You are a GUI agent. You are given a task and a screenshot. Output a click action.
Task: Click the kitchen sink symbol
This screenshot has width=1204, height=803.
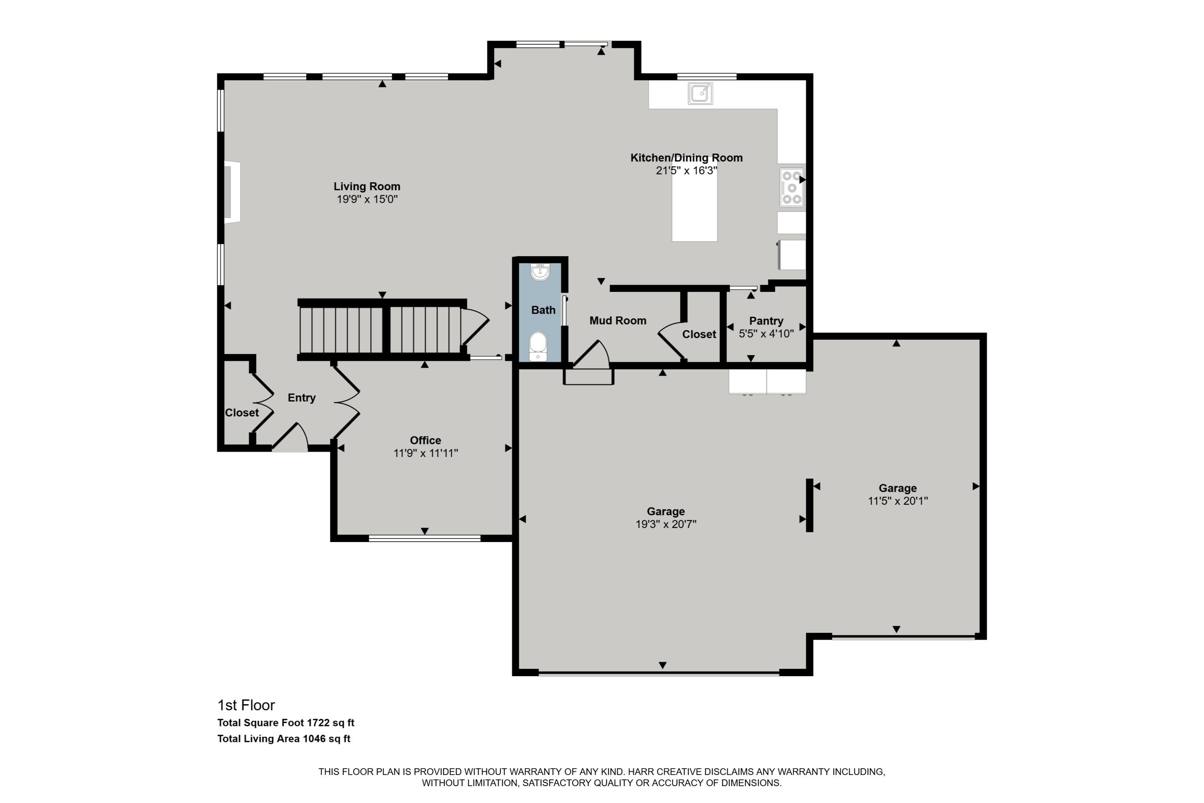click(x=700, y=94)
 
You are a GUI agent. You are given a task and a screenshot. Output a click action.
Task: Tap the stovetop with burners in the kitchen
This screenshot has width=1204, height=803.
click(x=791, y=188)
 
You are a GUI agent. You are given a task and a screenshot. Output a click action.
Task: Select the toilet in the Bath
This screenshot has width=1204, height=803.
click(x=537, y=346)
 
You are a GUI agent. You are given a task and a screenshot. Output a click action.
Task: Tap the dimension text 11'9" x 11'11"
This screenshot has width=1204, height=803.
click(x=425, y=453)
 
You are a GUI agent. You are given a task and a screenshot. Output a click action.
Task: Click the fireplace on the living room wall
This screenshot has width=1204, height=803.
click(x=232, y=192)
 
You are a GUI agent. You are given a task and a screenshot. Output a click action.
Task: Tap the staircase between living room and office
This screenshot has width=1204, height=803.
click(x=381, y=329)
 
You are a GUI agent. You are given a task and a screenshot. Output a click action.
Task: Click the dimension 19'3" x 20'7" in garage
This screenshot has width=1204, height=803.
click(x=665, y=524)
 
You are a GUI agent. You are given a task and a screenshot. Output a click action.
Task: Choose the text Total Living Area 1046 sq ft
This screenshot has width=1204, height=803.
click(x=284, y=738)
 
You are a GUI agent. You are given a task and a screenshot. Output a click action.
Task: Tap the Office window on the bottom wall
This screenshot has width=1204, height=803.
click(x=424, y=538)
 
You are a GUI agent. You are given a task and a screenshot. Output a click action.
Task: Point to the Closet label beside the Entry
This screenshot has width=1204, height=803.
click(x=242, y=412)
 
